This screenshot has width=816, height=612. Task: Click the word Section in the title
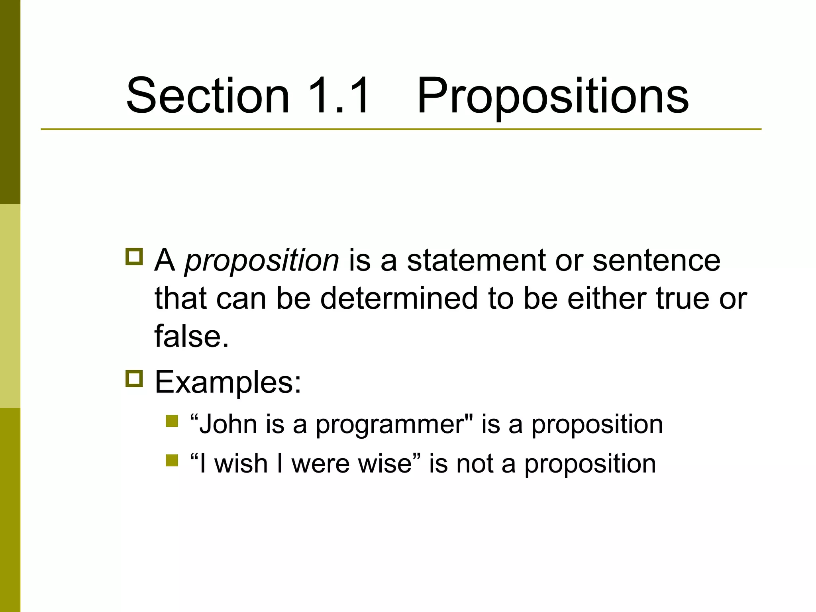coord(208,96)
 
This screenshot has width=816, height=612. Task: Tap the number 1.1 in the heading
coord(339,96)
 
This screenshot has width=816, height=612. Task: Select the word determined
coord(399,298)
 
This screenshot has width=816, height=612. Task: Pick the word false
coord(191,336)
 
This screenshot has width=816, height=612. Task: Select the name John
coord(228,424)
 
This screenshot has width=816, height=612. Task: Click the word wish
coord(241,464)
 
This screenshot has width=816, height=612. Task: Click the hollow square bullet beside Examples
coord(134,379)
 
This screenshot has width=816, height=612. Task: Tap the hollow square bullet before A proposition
coord(134,257)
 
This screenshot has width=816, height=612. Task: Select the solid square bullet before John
coord(172,421)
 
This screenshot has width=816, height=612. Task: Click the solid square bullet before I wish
coord(172,460)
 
